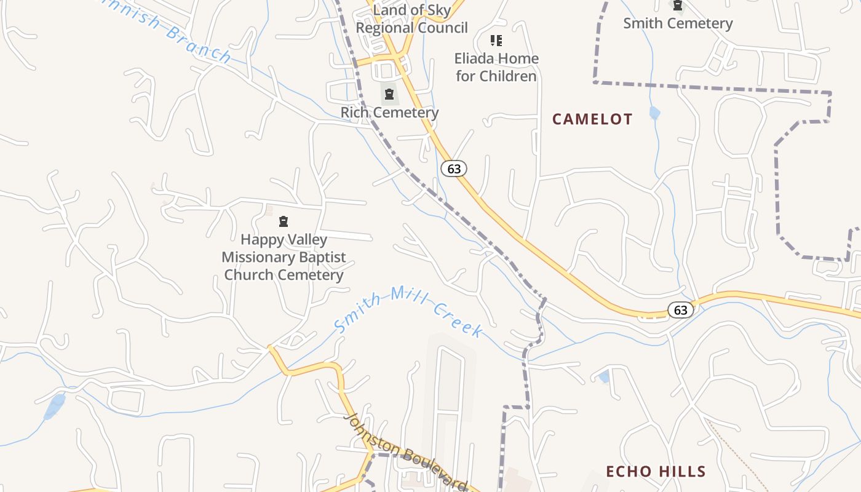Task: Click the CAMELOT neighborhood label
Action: click(x=592, y=119)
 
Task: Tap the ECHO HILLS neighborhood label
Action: click(x=656, y=472)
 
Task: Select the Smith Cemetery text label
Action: click(x=678, y=23)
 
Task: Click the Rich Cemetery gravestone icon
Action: click(x=389, y=94)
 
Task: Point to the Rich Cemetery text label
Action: click(x=389, y=113)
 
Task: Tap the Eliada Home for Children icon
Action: click(x=496, y=41)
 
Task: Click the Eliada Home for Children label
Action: click(x=496, y=67)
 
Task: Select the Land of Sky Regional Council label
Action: click(x=411, y=19)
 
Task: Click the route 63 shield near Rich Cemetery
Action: click(x=454, y=169)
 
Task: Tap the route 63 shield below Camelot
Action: click(x=680, y=310)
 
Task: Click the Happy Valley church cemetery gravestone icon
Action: click(x=284, y=221)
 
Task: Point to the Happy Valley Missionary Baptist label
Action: click(x=284, y=248)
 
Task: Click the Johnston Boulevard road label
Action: click(x=405, y=452)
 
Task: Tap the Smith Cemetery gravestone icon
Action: click(x=677, y=6)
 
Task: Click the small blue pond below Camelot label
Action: click(x=654, y=113)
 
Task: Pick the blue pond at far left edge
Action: click(x=55, y=407)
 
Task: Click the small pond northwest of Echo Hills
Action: click(x=604, y=376)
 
